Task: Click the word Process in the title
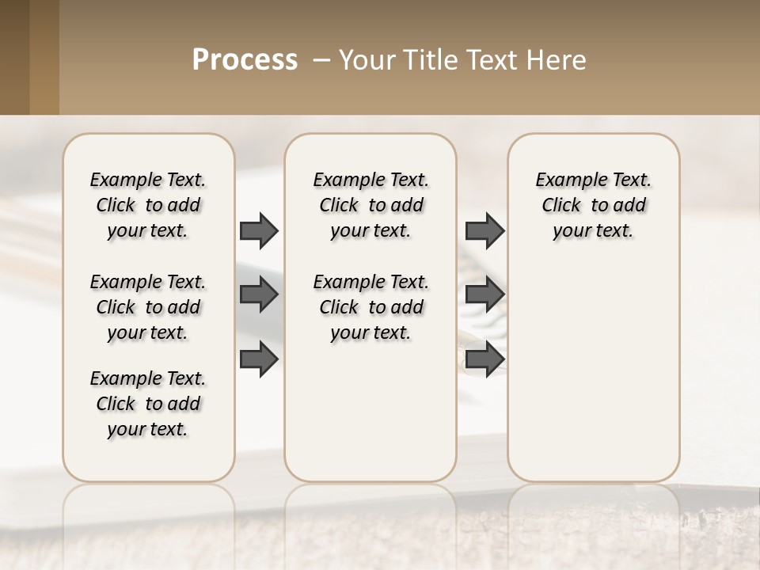(x=245, y=60)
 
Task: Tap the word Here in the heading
(x=558, y=60)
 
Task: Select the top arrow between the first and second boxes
(x=259, y=230)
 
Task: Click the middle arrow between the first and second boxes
(x=259, y=294)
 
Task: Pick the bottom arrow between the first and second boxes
(x=259, y=359)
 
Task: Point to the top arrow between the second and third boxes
(x=484, y=230)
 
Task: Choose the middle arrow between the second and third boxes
(x=484, y=294)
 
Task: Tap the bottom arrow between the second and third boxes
(x=484, y=359)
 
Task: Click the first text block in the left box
(x=148, y=205)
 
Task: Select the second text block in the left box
(x=148, y=307)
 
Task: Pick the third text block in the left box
(x=148, y=404)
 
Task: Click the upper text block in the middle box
(x=370, y=205)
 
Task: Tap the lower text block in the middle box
(x=370, y=307)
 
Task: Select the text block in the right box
(x=594, y=205)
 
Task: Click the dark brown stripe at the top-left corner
(x=14, y=57)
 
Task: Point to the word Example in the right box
(x=565, y=180)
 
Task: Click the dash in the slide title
(x=321, y=60)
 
